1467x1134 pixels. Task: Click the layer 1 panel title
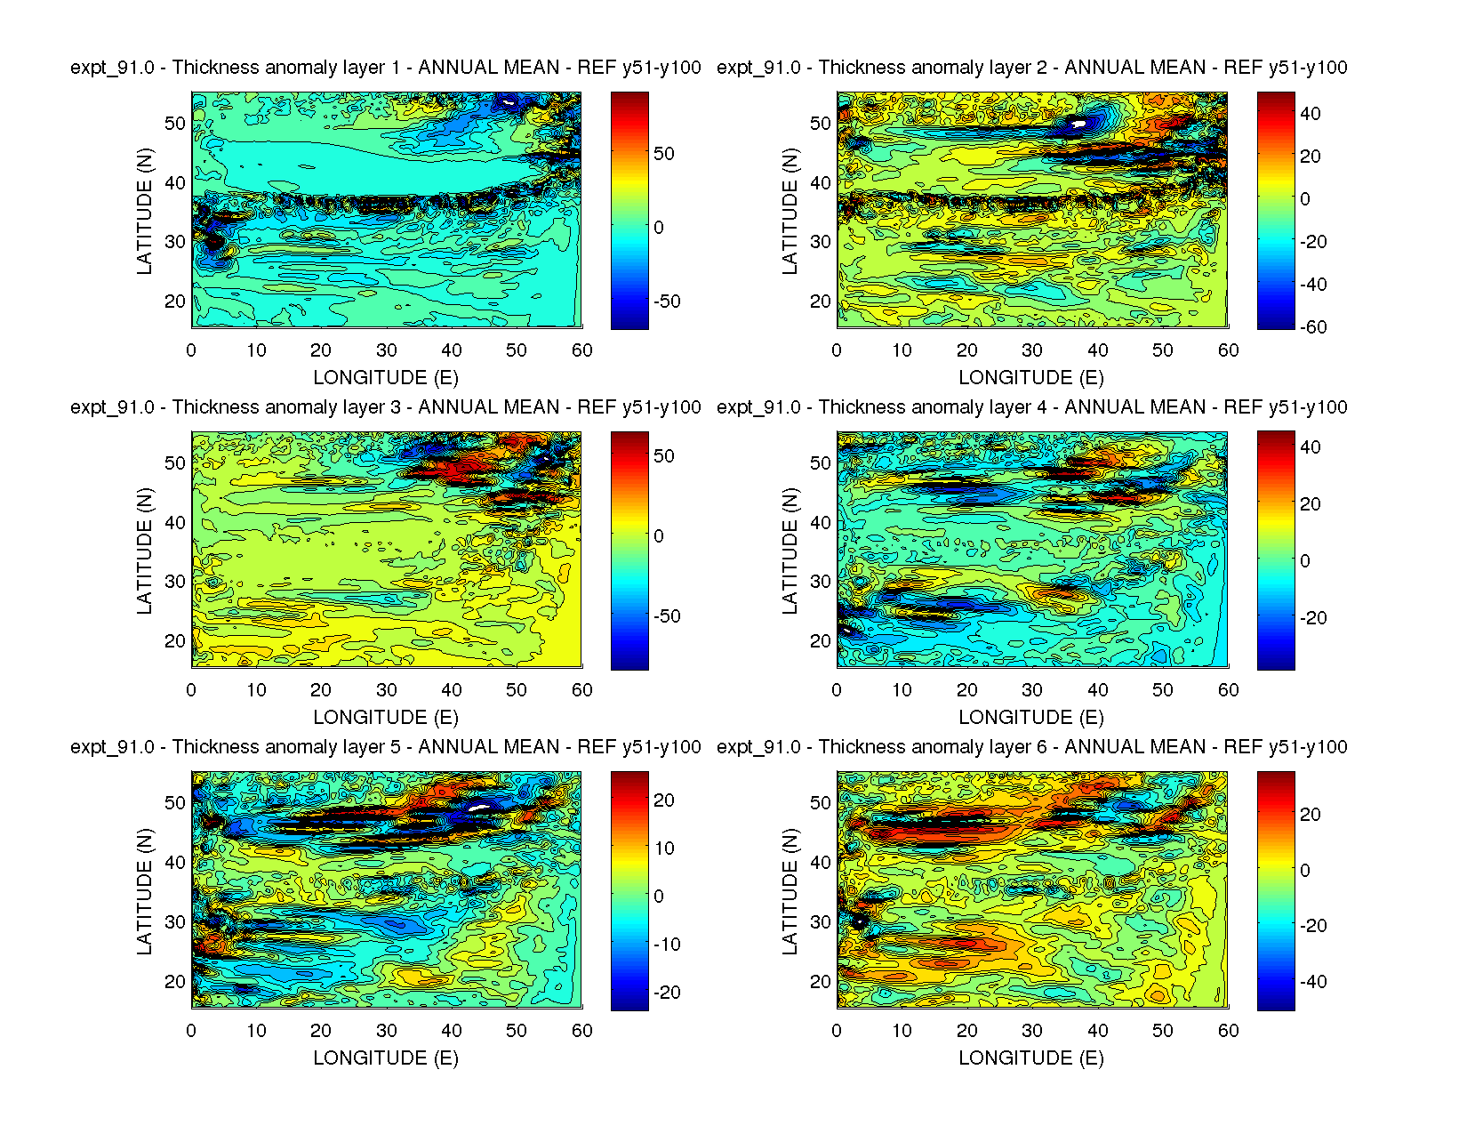point(385,68)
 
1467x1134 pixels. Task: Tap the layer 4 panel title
point(1031,407)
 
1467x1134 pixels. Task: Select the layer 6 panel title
point(1031,747)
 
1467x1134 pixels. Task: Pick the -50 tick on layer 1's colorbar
point(667,302)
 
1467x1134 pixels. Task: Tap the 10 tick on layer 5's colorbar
point(665,848)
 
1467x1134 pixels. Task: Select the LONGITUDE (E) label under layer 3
point(386,718)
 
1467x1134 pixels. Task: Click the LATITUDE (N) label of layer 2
point(790,211)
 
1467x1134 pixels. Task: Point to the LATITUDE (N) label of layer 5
point(144,891)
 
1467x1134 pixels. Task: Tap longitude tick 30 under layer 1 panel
point(386,350)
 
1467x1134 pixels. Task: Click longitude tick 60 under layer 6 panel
point(1228,1031)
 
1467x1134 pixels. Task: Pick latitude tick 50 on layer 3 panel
point(175,463)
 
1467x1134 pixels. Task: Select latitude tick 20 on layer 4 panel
point(820,641)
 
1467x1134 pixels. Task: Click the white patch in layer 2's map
point(1078,124)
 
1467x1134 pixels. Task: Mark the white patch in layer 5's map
point(479,808)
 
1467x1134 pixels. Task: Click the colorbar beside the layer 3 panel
point(629,551)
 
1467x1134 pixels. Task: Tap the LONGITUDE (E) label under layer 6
point(1031,1058)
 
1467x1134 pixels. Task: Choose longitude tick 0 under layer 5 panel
point(191,1031)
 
